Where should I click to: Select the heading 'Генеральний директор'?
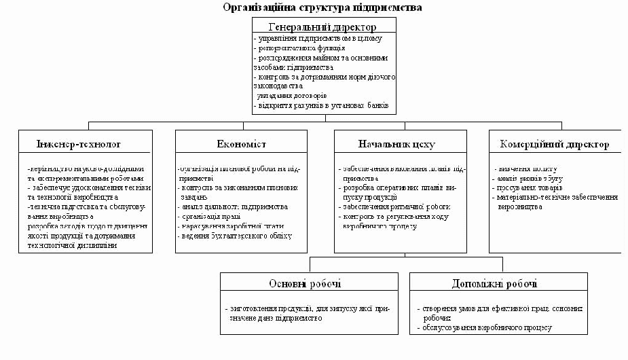point(322,27)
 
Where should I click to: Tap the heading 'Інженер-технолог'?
point(79,145)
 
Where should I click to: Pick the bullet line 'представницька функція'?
point(300,48)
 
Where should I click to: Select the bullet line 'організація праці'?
point(212,216)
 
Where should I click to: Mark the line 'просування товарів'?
point(530,187)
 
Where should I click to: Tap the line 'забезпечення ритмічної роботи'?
point(395,206)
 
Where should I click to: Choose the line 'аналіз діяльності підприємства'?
point(234,206)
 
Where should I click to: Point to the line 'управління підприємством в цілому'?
point(318,39)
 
